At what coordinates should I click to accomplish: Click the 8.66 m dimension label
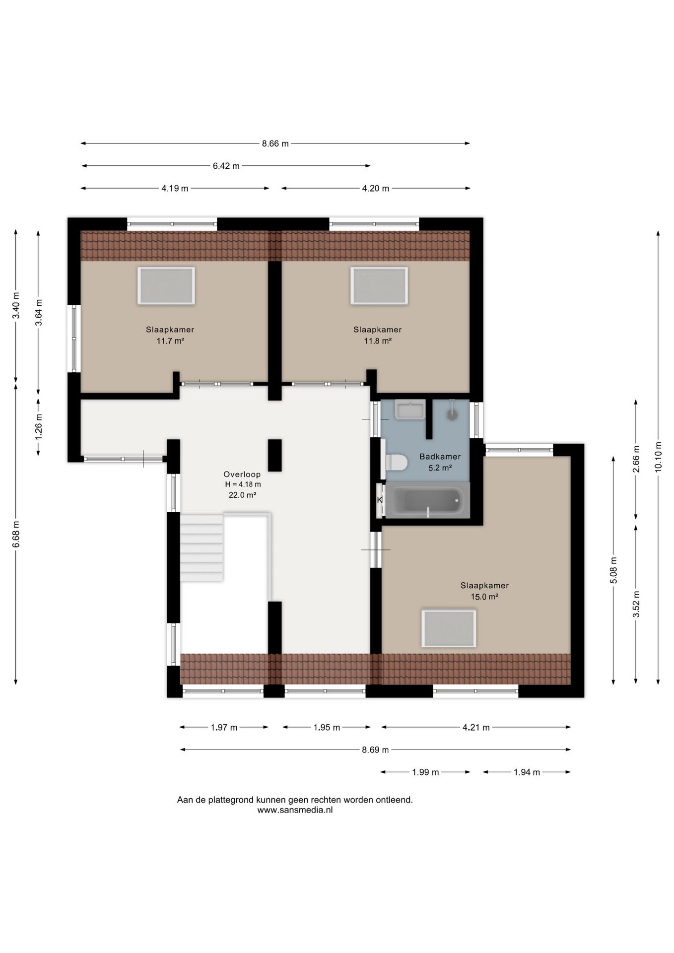point(275,144)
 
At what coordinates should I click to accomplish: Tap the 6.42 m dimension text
point(226,166)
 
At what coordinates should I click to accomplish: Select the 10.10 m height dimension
point(658,457)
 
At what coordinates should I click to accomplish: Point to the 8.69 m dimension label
point(375,750)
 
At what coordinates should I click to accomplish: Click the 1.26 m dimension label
point(39,427)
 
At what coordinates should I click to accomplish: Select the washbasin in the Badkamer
point(410,409)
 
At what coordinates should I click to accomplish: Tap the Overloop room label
point(242,475)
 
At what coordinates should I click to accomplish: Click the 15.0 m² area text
point(484,597)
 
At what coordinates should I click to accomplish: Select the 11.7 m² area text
point(170,341)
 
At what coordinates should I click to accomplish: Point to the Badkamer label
point(440,457)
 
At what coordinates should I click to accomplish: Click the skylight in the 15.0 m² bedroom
point(449,628)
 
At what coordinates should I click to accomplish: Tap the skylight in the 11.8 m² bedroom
point(379,285)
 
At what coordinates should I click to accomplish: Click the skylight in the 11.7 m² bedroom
point(166,285)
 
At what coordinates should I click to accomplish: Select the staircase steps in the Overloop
point(202,548)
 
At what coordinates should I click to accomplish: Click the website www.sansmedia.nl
point(295,810)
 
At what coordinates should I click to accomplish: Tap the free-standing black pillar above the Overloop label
point(275,455)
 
